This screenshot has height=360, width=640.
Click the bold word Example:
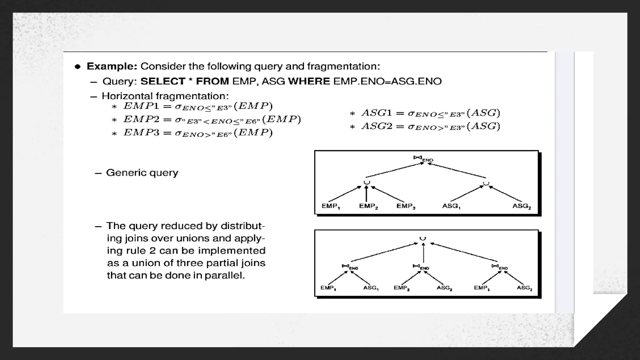(x=112, y=66)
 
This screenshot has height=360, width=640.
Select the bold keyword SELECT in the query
(x=163, y=81)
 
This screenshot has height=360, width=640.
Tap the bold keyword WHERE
(x=309, y=81)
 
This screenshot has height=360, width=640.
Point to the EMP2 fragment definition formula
(x=212, y=119)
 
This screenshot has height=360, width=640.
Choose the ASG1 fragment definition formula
(x=431, y=113)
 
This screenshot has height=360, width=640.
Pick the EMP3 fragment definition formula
(x=198, y=133)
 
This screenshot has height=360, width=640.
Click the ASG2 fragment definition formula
(x=431, y=126)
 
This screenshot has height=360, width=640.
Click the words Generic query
(x=142, y=172)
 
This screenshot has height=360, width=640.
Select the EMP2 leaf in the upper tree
(x=368, y=206)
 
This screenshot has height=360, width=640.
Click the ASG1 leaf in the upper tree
(x=451, y=206)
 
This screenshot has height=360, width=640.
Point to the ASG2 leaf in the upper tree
(x=522, y=206)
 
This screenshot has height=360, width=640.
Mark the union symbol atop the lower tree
(x=423, y=239)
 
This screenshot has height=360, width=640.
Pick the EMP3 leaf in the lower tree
(x=482, y=288)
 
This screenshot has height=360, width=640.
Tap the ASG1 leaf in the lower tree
(x=371, y=288)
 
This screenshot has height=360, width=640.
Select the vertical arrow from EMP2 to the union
(x=366, y=195)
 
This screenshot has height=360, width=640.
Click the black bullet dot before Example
(x=77, y=67)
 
